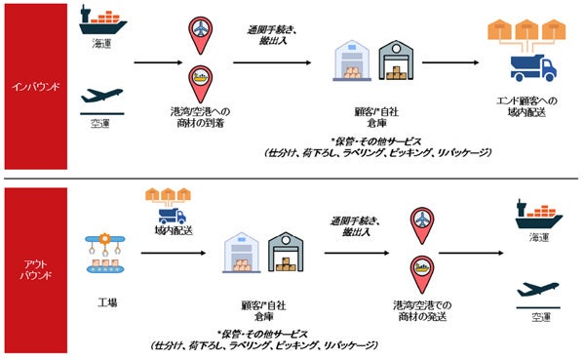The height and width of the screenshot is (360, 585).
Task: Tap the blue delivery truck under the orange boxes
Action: point(531,68)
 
